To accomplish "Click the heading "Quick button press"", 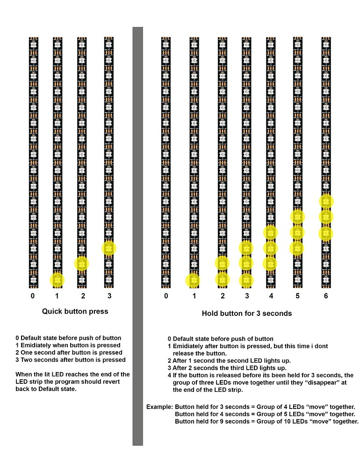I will [x=75, y=311].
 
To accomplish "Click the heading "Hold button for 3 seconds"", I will [x=247, y=314].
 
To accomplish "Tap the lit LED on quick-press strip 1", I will [x=57, y=280].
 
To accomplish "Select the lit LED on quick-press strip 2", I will [x=82, y=264].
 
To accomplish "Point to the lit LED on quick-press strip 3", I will [x=108, y=248].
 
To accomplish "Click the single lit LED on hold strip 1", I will [x=194, y=280].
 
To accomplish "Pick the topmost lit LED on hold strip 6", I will [x=326, y=201].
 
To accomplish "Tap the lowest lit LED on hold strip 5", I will [x=297, y=248].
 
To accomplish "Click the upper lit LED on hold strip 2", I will [x=223, y=263].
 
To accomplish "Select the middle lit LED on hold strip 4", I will [x=270, y=248].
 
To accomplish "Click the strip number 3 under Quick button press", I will [x=109, y=296].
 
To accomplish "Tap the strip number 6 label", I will [x=326, y=296].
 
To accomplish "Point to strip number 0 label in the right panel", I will [x=166, y=296].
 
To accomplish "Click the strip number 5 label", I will [x=297, y=296].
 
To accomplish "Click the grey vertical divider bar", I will [x=137, y=234].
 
